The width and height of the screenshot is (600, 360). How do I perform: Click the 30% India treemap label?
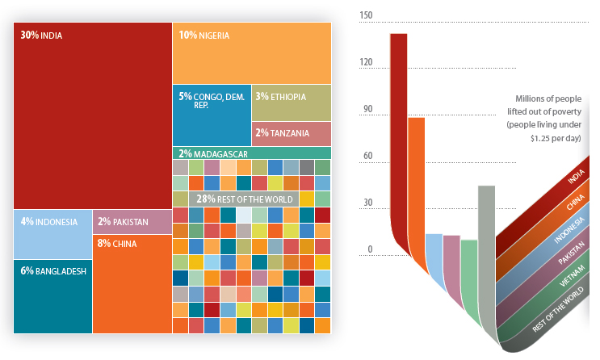click(41, 36)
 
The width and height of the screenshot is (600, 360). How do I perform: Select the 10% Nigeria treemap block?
click(251, 52)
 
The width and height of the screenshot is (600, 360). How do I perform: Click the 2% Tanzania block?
click(291, 133)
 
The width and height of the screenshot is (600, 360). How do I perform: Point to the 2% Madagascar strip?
click(251, 153)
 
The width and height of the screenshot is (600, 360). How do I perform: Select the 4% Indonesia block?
click(52, 234)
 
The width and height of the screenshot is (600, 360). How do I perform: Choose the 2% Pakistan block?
click(132, 221)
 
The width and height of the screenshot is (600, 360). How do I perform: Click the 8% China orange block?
click(132, 283)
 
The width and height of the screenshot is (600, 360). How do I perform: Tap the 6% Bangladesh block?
click(52, 295)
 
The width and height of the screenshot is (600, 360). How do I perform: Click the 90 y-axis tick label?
click(368, 110)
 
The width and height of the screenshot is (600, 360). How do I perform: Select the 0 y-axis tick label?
click(371, 249)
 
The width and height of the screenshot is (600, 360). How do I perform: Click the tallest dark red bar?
click(398, 137)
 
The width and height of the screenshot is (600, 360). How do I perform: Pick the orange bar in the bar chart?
click(416, 178)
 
